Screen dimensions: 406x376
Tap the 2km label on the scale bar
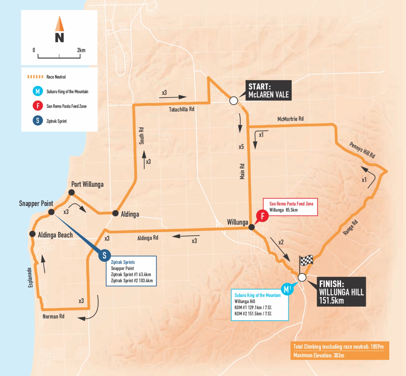[81, 50]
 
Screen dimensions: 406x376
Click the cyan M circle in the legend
[38, 91]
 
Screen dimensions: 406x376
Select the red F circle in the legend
[38, 106]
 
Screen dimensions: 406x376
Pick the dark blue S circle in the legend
[38, 121]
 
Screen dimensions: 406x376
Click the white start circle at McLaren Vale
[234, 101]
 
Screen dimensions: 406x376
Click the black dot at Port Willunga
[71, 192]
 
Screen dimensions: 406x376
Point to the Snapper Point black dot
[51, 212]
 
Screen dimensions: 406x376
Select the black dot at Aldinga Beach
[32, 234]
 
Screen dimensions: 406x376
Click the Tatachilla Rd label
[181, 109]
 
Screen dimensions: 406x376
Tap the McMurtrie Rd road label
[290, 119]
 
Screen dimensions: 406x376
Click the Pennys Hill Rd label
[362, 150]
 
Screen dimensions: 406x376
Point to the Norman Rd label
[53, 317]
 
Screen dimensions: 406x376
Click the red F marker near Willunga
[262, 216]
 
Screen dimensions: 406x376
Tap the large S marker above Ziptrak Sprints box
[105, 255]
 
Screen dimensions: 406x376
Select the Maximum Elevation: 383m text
[319, 355]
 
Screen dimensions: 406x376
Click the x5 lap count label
[241, 147]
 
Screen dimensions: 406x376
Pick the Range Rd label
[350, 228]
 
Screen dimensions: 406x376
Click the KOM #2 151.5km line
[253, 314]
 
